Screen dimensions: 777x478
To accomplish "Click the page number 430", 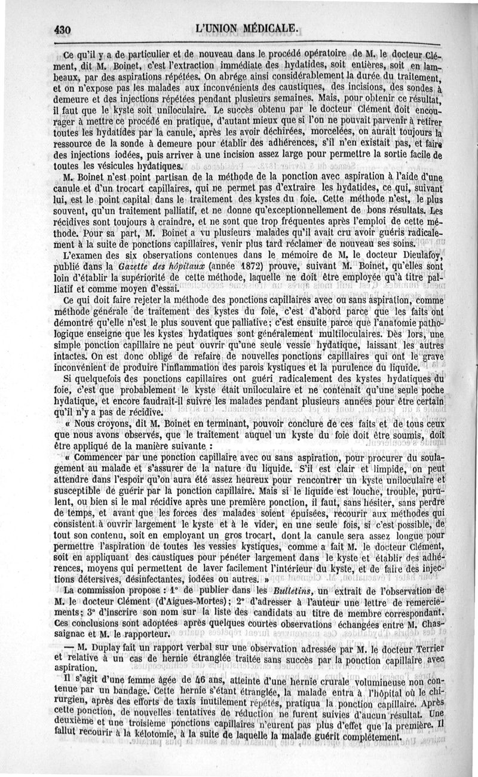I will tap(62, 29).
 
